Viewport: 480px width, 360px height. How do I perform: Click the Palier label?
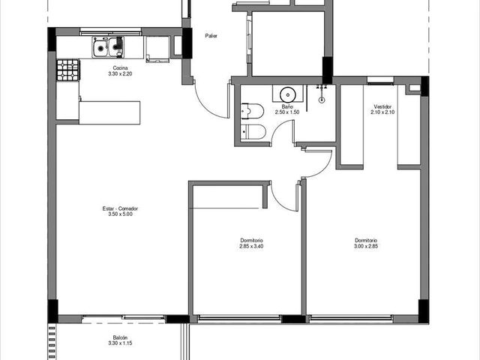coord(211,36)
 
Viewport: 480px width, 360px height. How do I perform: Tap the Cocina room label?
coord(120,68)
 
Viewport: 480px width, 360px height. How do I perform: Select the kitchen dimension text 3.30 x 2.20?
coord(120,73)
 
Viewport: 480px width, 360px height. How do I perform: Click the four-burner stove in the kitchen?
coord(68,70)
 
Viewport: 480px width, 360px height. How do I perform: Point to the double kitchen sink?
coord(108,47)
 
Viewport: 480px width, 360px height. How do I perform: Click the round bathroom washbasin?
coord(287,94)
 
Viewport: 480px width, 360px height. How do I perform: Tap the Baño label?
coord(287,106)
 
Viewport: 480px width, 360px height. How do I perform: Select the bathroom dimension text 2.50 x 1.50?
coord(287,112)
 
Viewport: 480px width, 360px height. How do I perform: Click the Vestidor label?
coord(382,106)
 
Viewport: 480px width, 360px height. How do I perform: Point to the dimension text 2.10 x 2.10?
coord(382,112)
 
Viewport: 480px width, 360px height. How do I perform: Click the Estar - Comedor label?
coord(120,208)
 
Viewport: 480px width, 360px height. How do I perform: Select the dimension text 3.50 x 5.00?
coord(120,214)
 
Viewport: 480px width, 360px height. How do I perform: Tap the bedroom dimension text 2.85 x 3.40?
coord(251,246)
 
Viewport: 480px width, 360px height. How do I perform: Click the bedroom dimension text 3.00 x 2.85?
coord(366,246)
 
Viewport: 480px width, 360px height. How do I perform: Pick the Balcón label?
coord(120,337)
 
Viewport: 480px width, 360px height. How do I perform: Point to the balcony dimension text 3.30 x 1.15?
coord(120,343)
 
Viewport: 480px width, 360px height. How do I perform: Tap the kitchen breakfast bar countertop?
coord(109,112)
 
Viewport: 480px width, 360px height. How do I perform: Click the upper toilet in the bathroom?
coord(252,111)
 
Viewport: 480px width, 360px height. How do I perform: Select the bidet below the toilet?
coord(253,132)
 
